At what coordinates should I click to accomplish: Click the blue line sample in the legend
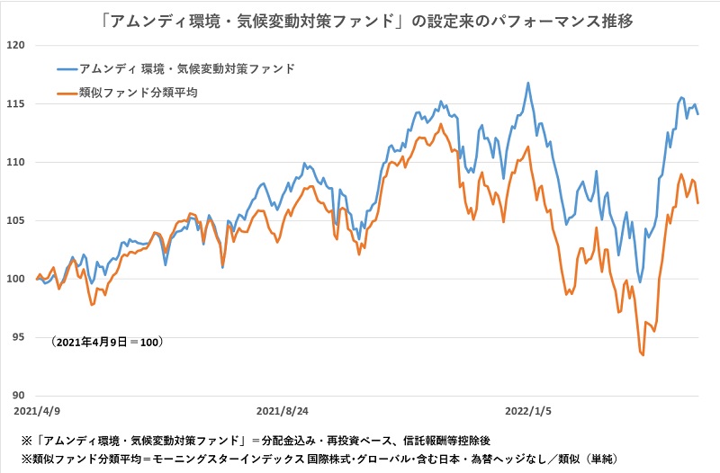coord(67,68)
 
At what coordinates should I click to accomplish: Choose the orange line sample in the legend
coord(67,91)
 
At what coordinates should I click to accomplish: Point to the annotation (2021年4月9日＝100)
coord(107,342)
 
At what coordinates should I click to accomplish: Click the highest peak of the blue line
coord(527,83)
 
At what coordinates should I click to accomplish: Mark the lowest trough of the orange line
coord(643,355)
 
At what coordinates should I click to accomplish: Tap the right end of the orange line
coord(698,203)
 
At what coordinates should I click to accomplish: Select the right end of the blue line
coord(698,114)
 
